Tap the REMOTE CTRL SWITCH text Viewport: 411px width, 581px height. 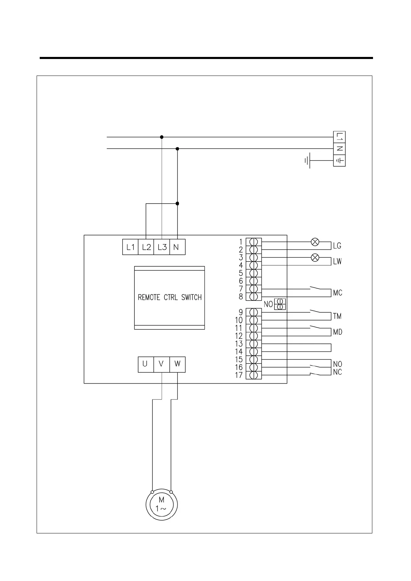pos(170,297)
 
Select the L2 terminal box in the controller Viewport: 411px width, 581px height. pos(146,247)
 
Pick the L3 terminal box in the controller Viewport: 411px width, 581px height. pos(162,247)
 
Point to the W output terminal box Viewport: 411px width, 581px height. pos(178,364)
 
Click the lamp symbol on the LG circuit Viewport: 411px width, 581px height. pos(315,242)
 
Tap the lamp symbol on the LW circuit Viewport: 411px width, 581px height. pos(315,257)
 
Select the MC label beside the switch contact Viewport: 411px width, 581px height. pos(337,293)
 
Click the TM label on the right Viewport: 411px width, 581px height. pos(337,316)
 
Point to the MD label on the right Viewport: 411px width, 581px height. pos(337,332)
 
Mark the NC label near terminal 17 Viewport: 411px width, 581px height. pos(337,372)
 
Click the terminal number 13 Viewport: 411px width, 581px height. pos(239,344)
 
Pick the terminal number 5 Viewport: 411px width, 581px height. pos(241,273)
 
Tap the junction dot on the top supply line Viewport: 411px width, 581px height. pos(162,137)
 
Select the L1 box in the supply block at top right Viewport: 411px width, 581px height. pos(340,137)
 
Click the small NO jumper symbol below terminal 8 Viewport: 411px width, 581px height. pos(280,304)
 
